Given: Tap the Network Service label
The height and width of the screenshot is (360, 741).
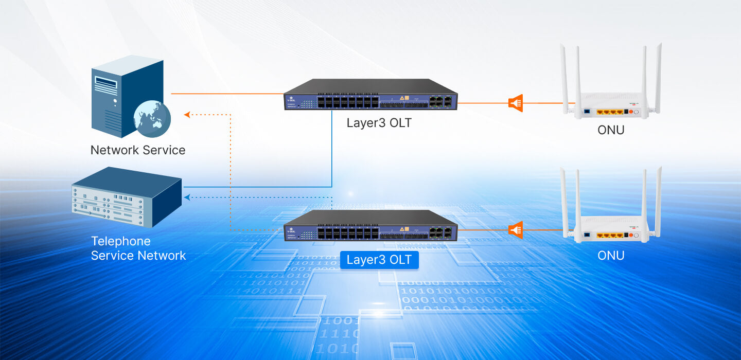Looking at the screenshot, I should click(x=138, y=150).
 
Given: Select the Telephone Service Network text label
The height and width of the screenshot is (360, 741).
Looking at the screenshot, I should click(x=138, y=248).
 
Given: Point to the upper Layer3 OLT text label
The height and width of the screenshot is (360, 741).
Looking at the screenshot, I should click(x=379, y=123).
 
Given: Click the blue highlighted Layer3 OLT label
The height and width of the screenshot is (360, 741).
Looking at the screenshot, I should click(x=379, y=260).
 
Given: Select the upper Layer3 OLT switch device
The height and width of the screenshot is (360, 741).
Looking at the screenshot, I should click(x=370, y=95).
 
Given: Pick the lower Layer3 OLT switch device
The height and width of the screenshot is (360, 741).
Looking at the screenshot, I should click(x=370, y=226).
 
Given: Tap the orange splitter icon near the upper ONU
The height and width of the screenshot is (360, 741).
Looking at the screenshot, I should click(x=516, y=103).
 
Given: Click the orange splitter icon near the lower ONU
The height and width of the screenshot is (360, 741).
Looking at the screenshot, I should click(x=516, y=229).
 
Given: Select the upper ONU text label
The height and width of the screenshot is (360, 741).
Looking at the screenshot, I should click(x=611, y=130).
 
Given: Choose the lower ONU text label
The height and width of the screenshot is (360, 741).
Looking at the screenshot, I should click(x=611, y=256).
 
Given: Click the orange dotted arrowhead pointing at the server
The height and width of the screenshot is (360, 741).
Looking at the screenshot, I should click(x=187, y=114).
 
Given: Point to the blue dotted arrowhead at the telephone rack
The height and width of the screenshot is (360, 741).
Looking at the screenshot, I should click(x=187, y=197).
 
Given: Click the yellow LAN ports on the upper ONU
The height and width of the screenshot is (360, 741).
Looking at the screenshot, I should click(x=610, y=111).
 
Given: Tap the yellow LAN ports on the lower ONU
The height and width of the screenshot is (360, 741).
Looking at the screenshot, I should click(x=610, y=236).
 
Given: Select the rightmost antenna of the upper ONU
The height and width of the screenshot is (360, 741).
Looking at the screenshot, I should click(x=658, y=77).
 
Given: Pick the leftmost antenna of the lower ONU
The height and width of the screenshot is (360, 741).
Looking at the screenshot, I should click(x=564, y=201).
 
